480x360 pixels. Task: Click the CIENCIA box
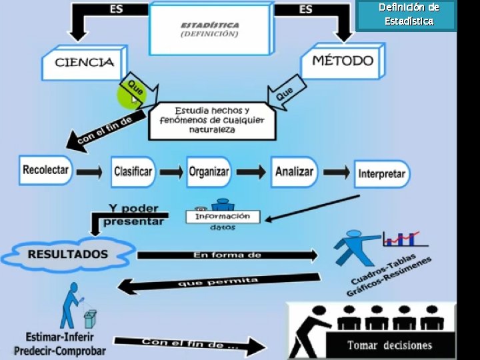[83, 63]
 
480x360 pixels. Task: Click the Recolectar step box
[45, 170]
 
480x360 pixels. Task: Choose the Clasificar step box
[133, 171]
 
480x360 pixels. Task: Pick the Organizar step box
[209, 171]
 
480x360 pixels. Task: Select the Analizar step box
[293, 171]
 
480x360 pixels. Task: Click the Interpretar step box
[381, 174]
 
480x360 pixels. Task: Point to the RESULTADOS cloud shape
[67, 254]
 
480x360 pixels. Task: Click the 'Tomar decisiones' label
[389, 345]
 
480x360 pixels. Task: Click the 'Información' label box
[222, 216]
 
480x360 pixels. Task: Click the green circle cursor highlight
[131, 97]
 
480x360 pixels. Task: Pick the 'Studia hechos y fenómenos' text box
[211, 120]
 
